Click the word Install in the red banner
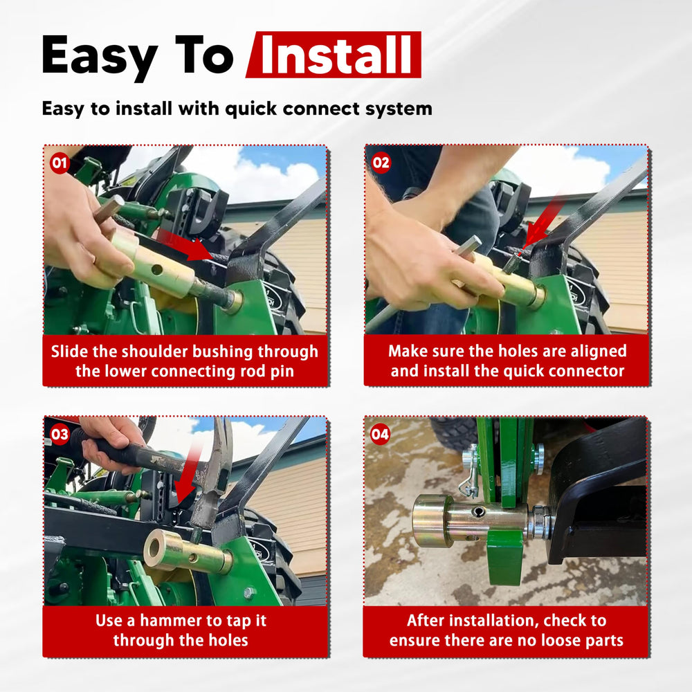click(x=336, y=55)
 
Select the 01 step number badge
click(x=60, y=163)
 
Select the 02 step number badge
click(x=381, y=163)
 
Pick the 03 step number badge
click(x=60, y=435)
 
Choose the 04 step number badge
click(x=380, y=435)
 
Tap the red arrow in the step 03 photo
click(x=188, y=477)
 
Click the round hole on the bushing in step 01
click(x=156, y=269)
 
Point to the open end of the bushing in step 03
click(x=155, y=547)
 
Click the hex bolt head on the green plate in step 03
click(x=248, y=592)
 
